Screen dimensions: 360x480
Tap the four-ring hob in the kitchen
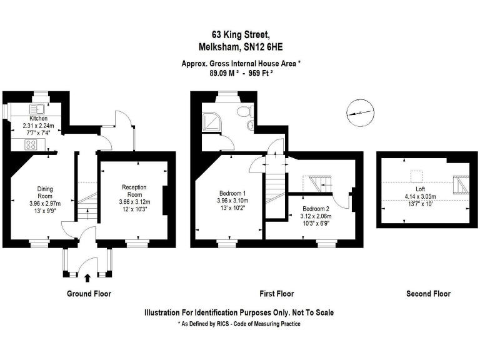(30, 144)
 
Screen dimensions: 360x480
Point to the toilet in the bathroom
(242, 112)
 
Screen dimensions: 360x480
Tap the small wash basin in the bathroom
(250, 126)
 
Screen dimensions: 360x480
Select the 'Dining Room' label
(44, 192)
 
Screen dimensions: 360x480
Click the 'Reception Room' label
(133, 191)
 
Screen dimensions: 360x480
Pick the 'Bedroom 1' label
(232, 192)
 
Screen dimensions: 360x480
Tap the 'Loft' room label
(420, 189)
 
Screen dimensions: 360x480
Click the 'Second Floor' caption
(428, 294)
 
